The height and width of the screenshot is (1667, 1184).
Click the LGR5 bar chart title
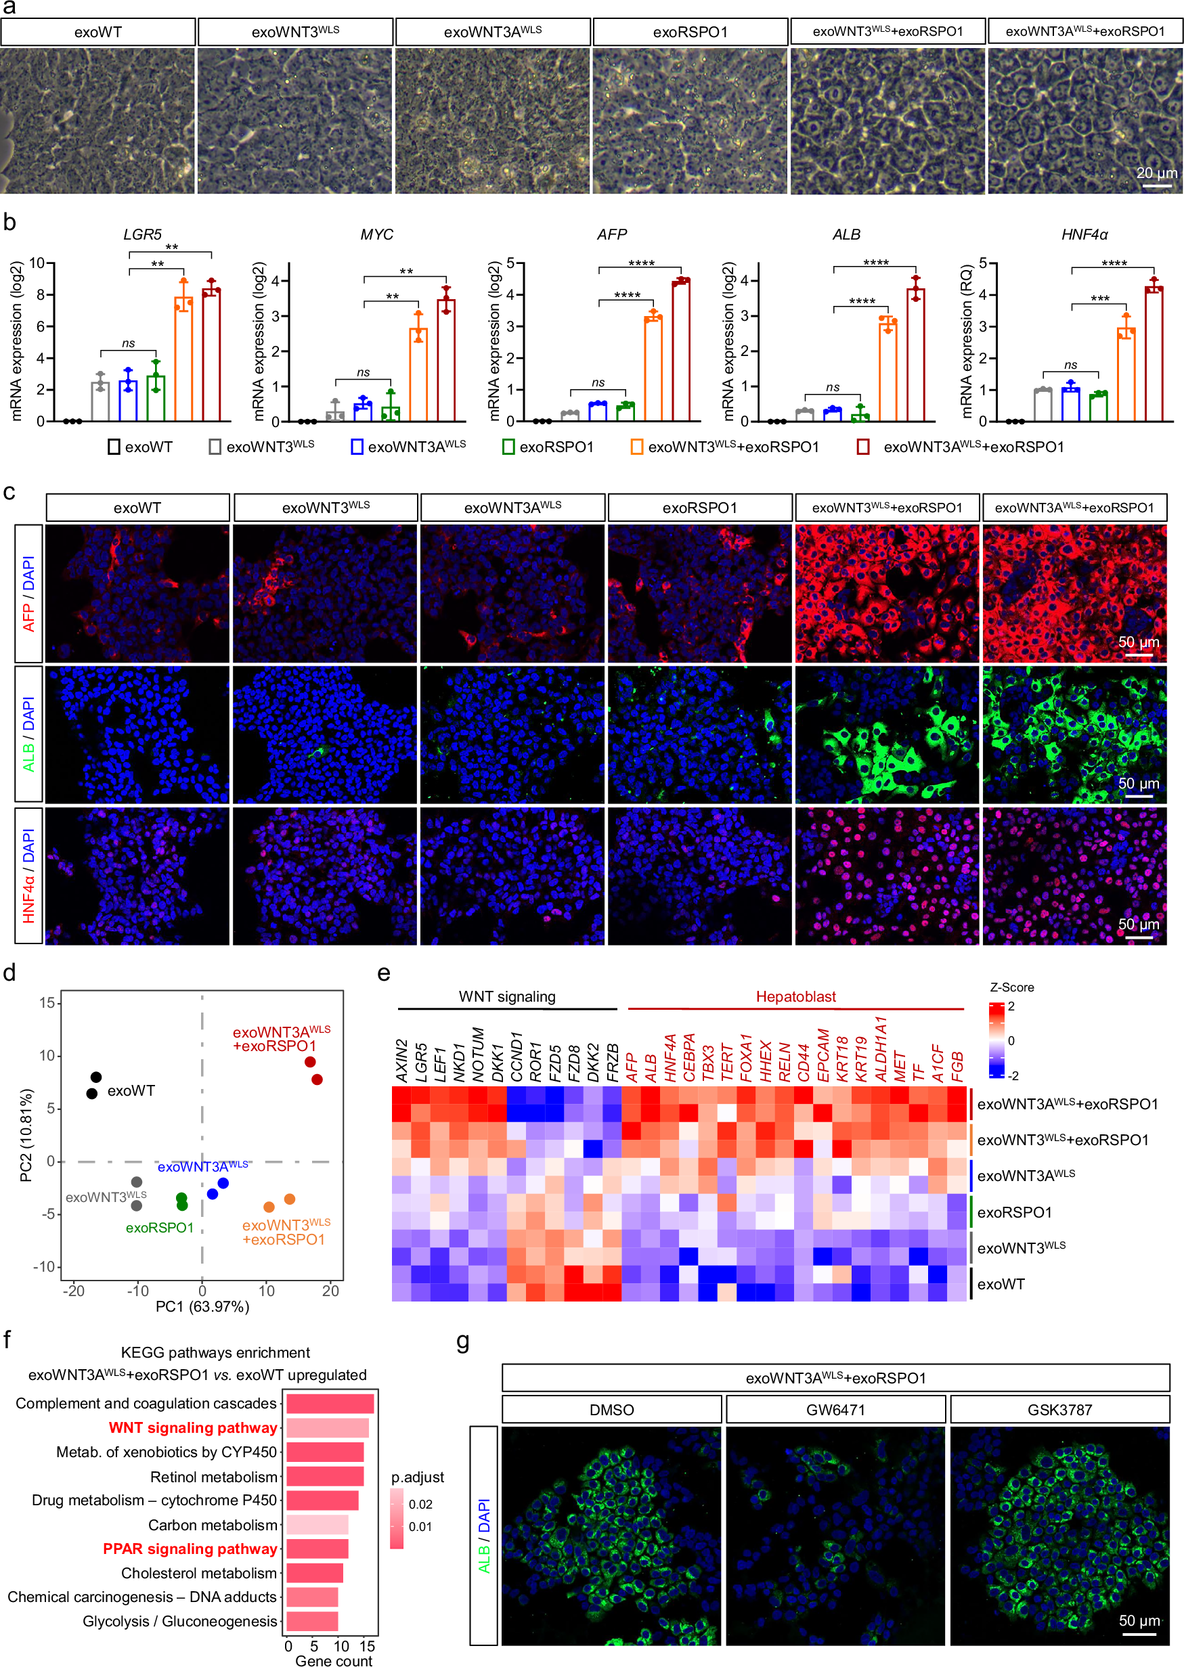[x=142, y=235]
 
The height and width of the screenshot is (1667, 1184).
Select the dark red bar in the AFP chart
[x=681, y=350]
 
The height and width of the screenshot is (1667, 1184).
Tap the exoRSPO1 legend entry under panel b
[x=548, y=447]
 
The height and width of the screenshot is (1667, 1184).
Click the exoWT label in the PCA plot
[x=131, y=1091]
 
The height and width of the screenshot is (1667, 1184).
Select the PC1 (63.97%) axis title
[x=202, y=1306]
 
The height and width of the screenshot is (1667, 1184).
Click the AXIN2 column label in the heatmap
[x=401, y=1060]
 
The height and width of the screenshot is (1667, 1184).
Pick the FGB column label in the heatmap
[x=957, y=1066]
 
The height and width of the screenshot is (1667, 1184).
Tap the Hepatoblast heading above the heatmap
[x=795, y=996]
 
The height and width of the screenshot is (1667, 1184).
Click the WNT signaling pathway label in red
[x=192, y=1427]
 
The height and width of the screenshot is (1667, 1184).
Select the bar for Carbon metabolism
[x=316, y=1525]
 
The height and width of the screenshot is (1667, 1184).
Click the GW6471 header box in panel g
[x=835, y=1410]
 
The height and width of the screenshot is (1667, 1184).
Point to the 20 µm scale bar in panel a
[x=1156, y=185]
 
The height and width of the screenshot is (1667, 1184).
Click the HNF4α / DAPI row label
[x=28, y=875]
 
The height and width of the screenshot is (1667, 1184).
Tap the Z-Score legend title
[x=1011, y=987]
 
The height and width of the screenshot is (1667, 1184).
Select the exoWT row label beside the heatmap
[x=1001, y=1285]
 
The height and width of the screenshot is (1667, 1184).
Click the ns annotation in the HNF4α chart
[x=1070, y=365]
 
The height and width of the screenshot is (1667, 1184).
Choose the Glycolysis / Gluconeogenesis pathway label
[x=179, y=1621]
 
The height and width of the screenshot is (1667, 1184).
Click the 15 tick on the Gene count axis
[x=368, y=1646]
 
